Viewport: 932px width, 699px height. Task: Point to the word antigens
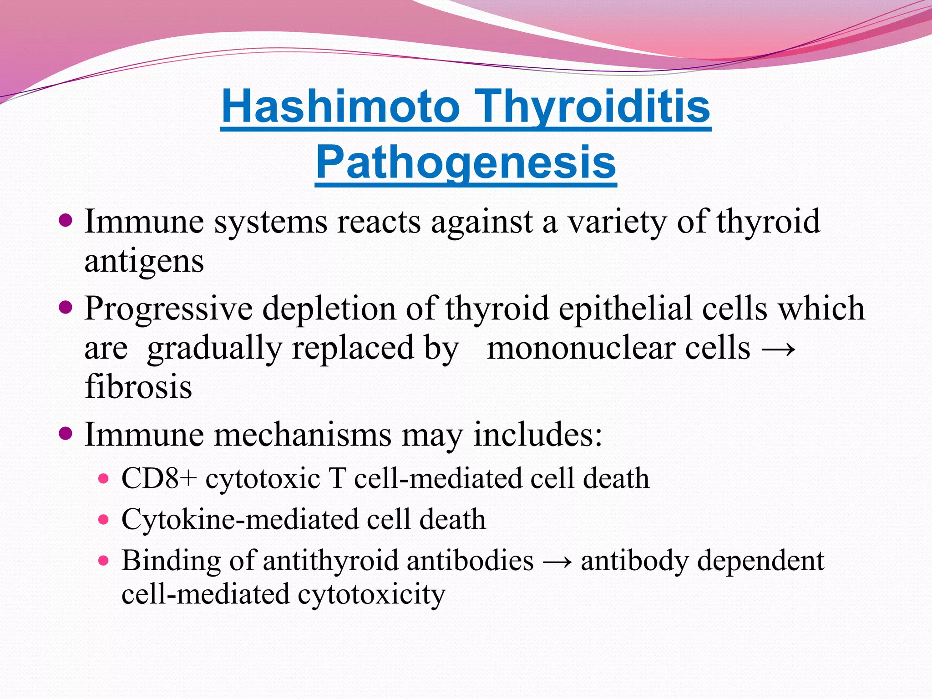click(144, 262)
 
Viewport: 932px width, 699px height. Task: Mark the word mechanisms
click(302, 435)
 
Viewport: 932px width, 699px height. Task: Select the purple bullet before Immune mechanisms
click(66, 434)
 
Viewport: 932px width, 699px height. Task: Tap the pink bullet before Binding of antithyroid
click(104, 560)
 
